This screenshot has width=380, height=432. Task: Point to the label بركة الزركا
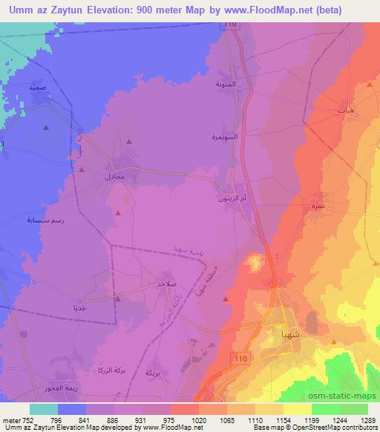(x=107, y=369)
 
